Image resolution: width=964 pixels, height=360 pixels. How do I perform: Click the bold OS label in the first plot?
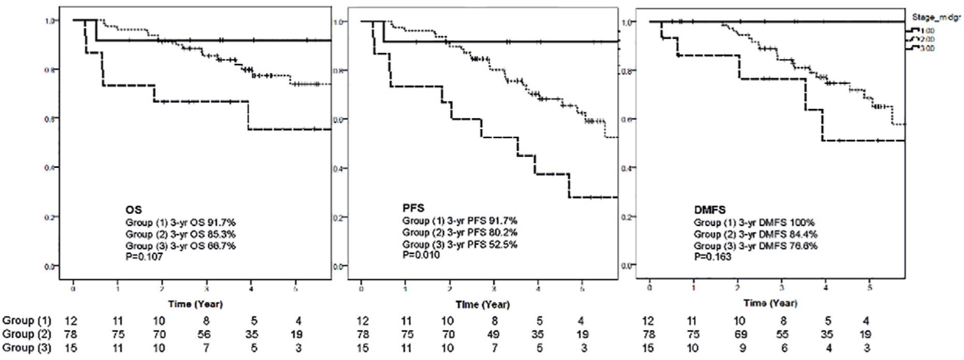pyautogui.click(x=134, y=210)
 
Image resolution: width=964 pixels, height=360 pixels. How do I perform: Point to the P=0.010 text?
pyautogui.click(x=421, y=254)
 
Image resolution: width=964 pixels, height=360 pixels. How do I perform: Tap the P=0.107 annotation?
pyautogui.click(x=145, y=256)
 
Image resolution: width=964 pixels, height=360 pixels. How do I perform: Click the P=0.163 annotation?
pyautogui.click(x=713, y=256)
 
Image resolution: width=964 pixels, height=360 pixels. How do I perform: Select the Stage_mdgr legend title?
pyautogui.click(x=936, y=17)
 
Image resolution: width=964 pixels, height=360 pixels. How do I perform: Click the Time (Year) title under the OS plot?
pyautogui.click(x=195, y=304)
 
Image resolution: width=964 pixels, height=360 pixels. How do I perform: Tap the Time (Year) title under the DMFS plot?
pyautogui.click(x=770, y=303)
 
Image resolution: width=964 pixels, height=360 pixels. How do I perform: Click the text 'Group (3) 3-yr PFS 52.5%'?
pyautogui.click(x=459, y=244)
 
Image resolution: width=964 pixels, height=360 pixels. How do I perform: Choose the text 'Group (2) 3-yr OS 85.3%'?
pyautogui.click(x=181, y=234)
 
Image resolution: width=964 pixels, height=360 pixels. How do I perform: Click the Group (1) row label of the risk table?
pyautogui.click(x=27, y=321)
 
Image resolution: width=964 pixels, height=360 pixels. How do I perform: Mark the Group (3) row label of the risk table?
pyautogui.click(x=27, y=348)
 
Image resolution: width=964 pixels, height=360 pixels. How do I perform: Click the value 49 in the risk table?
pyautogui.click(x=494, y=334)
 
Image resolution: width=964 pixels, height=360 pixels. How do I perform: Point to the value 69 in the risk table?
pyautogui.click(x=741, y=334)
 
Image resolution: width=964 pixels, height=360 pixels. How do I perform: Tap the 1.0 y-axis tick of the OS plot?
pyautogui.click(x=50, y=21)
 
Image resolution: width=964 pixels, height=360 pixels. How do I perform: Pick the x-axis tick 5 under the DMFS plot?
pyautogui.click(x=870, y=287)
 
